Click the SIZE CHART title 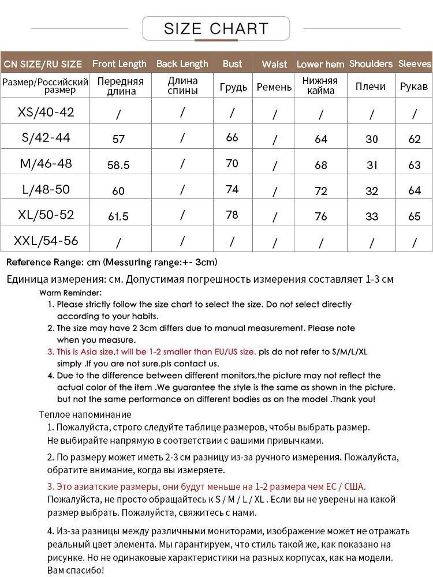[216, 28]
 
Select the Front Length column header [120, 64]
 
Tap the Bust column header [232, 64]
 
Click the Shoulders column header [371, 64]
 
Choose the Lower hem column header [320, 65]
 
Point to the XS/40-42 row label [46, 112]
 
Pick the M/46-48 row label [46, 163]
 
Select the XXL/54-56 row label [46, 240]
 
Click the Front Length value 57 [118, 139]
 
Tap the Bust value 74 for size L [232, 189]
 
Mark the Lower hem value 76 [321, 216]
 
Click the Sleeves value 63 [415, 165]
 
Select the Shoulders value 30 [372, 139]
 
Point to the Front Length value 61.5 [118, 216]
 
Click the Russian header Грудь [233, 87]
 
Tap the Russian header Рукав [414, 87]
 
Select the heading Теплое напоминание [85, 414]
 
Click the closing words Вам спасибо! [75, 570]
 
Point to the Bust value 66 [232, 137]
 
